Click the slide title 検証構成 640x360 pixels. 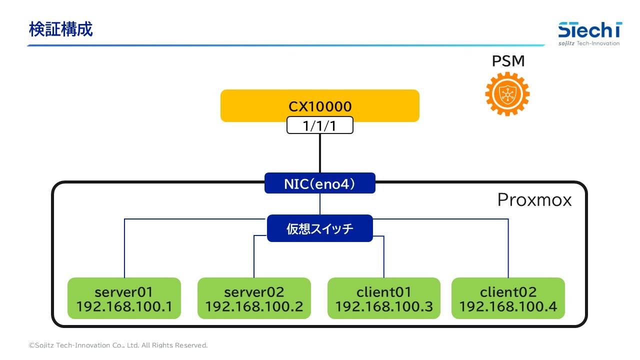[x=60, y=29]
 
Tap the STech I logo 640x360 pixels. [x=590, y=30]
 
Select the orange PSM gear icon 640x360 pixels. [x=507, y=93]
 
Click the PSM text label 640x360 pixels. [x=508, y=61]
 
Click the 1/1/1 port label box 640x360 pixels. [x=320, y=125]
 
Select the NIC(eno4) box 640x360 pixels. [x=320, y=183]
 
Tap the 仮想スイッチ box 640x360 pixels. [x=320, y=228]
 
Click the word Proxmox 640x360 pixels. [x=534, y=200]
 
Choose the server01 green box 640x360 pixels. [x=124, y=298]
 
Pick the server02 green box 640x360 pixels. [x=254, y=298]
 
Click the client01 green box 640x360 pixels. [x=384, y=298]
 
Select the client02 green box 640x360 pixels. [x=508, y=298]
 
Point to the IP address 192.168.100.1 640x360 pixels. [x=124, y=306]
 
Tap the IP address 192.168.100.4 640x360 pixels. [x=508, y=306]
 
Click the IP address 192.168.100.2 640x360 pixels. [x=254, y=306]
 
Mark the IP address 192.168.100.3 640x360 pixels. [x=384, y=306]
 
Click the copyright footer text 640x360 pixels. [x=118, y=345]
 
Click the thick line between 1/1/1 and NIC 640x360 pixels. [x=320, y=153]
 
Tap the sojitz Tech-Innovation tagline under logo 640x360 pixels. [x=589, y=43]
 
